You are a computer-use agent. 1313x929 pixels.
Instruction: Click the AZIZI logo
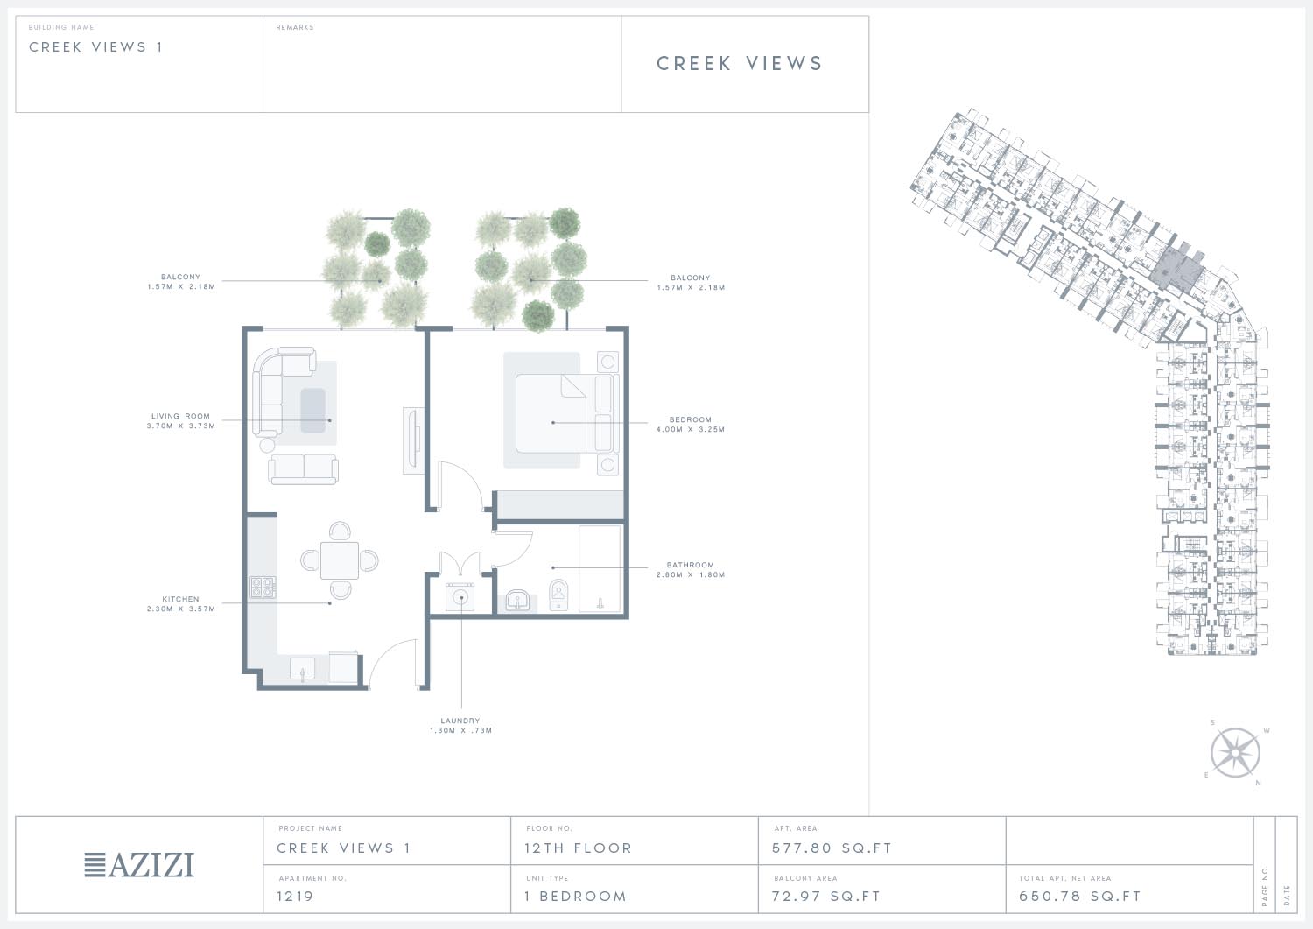pyautogui.click(x=139, y=865)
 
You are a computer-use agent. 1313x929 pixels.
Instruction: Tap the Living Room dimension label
pyautogui.click(x=180, y=421)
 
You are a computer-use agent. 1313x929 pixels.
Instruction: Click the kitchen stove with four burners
pyautogui.click(x=263, y=587)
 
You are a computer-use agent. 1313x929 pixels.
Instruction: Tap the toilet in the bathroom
pyautogui.click(x=558, y=595)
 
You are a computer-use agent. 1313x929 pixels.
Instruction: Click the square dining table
pyautogui.click(x=340, y=560)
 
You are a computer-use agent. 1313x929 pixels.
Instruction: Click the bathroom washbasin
pyautogui.click(x=517, y=601)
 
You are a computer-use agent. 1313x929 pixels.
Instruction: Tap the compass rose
pyautogui.click(x=1235, y=753)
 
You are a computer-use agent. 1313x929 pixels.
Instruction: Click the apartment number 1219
pyautogui.click(x=295, y=896)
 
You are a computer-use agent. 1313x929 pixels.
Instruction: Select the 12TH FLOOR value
pyautogui.click(x=578, y=848)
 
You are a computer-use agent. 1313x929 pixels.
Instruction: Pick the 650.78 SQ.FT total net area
pyautogui.click(x=1079, y=896)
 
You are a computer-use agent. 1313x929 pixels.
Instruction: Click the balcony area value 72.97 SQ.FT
pyautogui.click(x=826, y=896)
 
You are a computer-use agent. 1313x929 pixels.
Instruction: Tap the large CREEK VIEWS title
pyautogui.click(x=740, y=63)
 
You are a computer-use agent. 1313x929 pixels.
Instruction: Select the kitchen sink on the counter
pyautogui.click(x=303, y=669)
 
